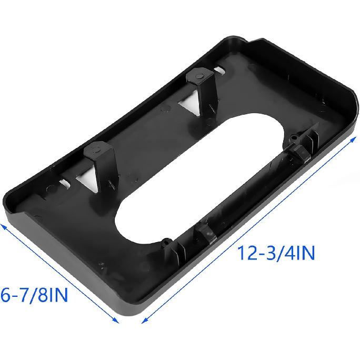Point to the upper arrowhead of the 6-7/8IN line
[3, 225]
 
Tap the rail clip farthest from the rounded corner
[205, 236]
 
